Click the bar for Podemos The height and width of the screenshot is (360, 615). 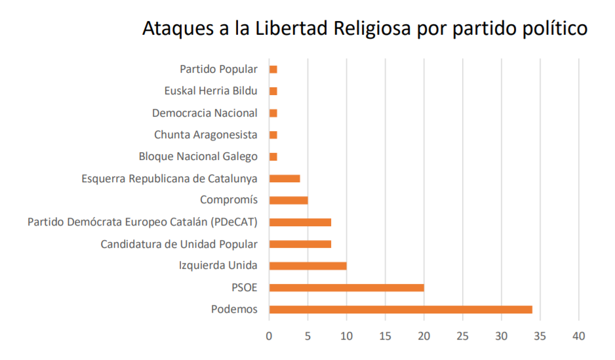point(400,310)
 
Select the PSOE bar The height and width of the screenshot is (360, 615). point(346,288)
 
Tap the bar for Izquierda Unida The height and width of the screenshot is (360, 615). point(307,266)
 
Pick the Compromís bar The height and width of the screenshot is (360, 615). point(288,200)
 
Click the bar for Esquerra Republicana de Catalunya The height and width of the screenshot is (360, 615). point(284,178)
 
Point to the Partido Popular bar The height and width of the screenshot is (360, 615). point(273,69)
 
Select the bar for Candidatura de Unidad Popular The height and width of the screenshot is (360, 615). point(300,244)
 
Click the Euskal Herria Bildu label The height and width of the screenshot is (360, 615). point(210,91)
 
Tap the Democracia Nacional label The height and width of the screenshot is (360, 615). point(205,113)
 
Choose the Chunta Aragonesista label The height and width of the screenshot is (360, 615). point(206,134)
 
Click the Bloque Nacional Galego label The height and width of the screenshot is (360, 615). point(198,157)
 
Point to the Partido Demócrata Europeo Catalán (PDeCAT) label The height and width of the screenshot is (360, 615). point(142,222)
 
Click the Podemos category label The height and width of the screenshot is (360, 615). point(234,310)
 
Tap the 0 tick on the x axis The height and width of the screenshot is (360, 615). point(269,336)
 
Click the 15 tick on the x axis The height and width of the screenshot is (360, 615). point(385,336)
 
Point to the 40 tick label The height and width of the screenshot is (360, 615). point(579,336)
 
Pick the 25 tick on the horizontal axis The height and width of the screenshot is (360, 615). point(462,336)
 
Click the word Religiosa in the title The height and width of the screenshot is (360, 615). point(372,30)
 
